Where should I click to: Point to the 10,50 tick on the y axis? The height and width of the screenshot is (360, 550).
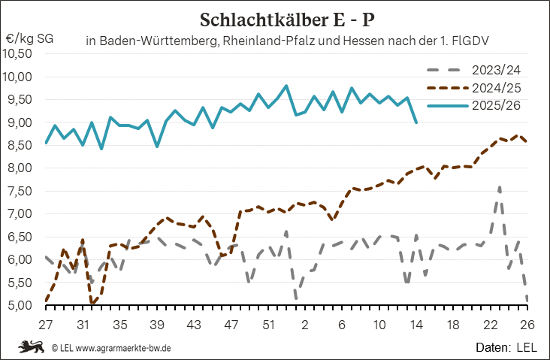(18, 53)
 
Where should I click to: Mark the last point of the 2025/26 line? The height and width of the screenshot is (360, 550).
(416, 123)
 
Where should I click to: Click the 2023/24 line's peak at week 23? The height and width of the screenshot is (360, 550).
(500, 186)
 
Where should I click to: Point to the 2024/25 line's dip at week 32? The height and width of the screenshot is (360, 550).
(92, 304)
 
